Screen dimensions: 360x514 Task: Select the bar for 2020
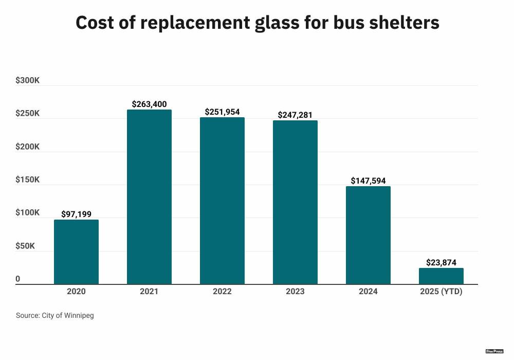(x=76, y=252)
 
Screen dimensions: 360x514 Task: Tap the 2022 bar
(x=222, y=201)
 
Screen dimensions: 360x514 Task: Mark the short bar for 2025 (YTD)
(x=441, y=276)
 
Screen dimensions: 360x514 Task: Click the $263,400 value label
(x=149, y=104)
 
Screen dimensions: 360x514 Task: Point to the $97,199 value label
(x=76, y=214)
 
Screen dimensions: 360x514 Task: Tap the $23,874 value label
(x=441, y=262)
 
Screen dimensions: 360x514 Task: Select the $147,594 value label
(x=368, y=181)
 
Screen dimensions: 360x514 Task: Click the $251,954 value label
(x=222, y=112)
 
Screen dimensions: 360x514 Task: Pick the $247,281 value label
(x=295, y=115)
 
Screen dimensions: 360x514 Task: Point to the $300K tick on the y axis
(x=28, y=80)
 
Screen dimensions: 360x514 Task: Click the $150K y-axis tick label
(x=28, y=179)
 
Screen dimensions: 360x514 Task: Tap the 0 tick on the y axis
(x=18, y=279)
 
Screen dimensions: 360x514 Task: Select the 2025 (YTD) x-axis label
(x=441, y=292)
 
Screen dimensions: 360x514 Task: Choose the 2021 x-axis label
(x=149, y=292)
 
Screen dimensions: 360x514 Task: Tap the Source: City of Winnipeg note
(x=55, y=315)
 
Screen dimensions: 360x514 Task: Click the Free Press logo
(x=494, y=351)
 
